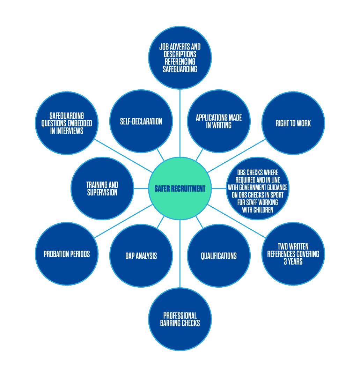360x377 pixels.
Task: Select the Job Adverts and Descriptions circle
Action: click(x=180, y=58)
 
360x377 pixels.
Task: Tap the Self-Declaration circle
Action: click(x=141, y=121)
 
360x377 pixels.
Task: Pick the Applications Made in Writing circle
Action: click(x=219, y=121)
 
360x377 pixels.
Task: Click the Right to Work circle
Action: click(x=293, y=123)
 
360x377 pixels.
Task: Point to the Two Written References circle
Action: click(x=293, y=254)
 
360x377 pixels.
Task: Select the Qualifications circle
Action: click(x=219, y=256)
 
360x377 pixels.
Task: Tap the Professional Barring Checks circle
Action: click(x=180, y=319)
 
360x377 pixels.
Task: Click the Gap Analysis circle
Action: click(x=141, y=256)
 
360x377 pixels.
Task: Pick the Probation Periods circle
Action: click(x=67, y=254)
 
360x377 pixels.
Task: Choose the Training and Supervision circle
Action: click(x=102, y=188)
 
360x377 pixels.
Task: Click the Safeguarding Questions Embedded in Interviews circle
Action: click(x=67, y=123)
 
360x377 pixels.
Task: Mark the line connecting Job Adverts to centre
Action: click(x=180, y=122)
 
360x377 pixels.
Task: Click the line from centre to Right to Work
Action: click(x=237, y=155)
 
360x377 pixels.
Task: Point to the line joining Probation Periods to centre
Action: click(x=122, y=222)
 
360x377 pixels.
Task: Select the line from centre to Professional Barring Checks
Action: click(x=180, y=255)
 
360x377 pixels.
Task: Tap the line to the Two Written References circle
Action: click(x=237, y=222)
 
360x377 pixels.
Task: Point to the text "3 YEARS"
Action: click(x=293, y=261)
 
